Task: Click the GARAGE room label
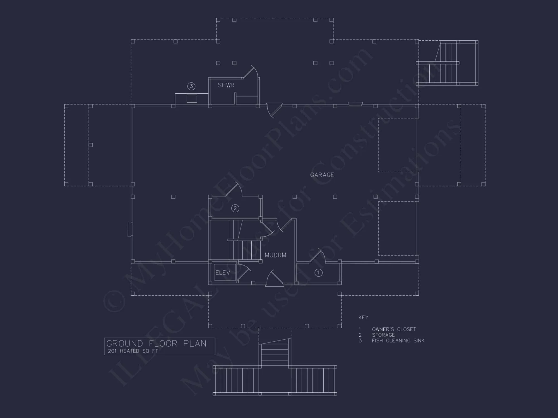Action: click(322, 175)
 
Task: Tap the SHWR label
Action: click(226, 85)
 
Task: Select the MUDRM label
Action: click(275, 255)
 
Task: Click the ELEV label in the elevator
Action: click(223, 273)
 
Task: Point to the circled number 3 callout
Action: click(191, 86)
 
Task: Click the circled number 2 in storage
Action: click(235, 208)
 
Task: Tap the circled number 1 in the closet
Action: click(318, 273)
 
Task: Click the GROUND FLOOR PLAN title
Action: click(157, 344)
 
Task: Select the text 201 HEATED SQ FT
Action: click(133, 351)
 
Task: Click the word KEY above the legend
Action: click(363, 318)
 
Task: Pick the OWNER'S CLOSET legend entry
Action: click(394, 329)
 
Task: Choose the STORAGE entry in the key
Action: click(383, 335)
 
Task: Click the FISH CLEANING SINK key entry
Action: click(398, 341)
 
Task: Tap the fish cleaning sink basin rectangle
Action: click(192, 98)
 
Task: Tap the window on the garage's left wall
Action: click(130, 229)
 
